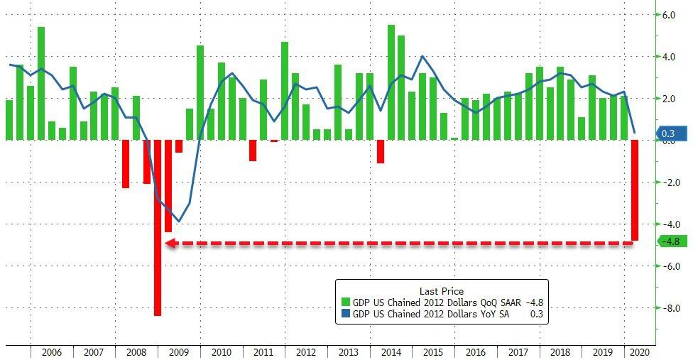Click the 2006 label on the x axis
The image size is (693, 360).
(51, 351)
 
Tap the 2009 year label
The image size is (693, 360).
(178, 351)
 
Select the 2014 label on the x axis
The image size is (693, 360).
(391, 351)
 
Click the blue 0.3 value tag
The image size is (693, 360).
(672, 133)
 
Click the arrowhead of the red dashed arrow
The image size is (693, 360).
(170, 244)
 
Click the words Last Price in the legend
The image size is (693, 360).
(442, 291)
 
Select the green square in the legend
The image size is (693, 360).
(346, 302)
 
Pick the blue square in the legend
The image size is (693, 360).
(346, 312)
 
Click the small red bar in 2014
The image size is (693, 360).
(381, 151)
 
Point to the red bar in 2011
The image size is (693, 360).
(253, 151)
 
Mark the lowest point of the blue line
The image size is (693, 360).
(178, 222)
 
